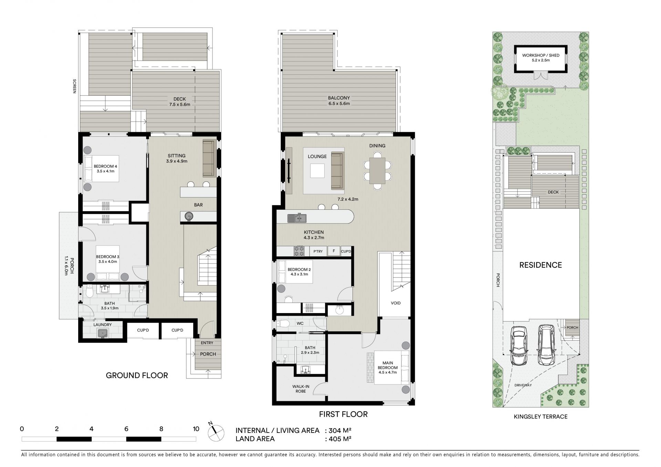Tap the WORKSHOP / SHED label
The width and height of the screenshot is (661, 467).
pyautogui.click(x=541, y=55)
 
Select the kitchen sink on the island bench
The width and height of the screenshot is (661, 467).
pyautogui.click(x=297, y=218)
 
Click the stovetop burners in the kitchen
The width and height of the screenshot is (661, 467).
pyautogui.click(x=299, y=251)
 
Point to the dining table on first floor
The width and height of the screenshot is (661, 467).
pyautogui.click(x=377, y=171)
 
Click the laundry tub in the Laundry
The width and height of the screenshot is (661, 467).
pyautogui.click(x=103, y=333)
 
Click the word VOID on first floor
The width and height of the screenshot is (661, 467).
pyautogui.click(x=396, y=303)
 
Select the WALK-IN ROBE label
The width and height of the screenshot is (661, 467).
pyautogui.click(x=301, y=389)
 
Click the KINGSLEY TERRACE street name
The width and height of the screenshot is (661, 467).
pyautogui.click(x=541, y=416)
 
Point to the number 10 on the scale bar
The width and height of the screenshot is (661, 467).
pyautogui.click(x=196, y=429)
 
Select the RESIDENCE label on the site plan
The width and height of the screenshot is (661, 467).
pyautogui.click(x=541, y=265)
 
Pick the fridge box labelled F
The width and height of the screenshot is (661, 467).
pyautogui.click(x=333, y=251)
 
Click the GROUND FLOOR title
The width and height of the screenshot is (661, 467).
pyautogui.click(x=137, y=375)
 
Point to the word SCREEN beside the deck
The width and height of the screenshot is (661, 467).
pyautogui.click(x=74, y=86)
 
